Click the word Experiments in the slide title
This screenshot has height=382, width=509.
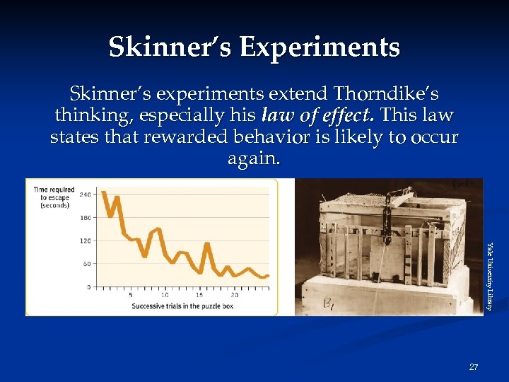[320, 47]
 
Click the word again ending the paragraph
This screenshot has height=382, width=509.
[254, 159]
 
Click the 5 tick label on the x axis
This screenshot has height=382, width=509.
[130, 295]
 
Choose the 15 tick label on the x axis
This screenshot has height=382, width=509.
[199, 295]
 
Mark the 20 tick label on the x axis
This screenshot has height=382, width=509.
[234, 295]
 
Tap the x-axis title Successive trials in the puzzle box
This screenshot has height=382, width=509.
[182, 306]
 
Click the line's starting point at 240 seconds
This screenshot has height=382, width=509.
[104, 192]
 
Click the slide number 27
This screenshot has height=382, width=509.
[474, 367]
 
